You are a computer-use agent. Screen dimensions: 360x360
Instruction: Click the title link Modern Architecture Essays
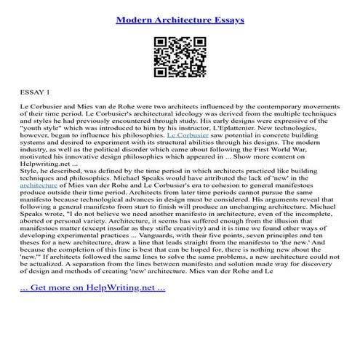180,20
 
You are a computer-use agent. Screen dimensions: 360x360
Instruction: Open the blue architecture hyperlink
37,185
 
